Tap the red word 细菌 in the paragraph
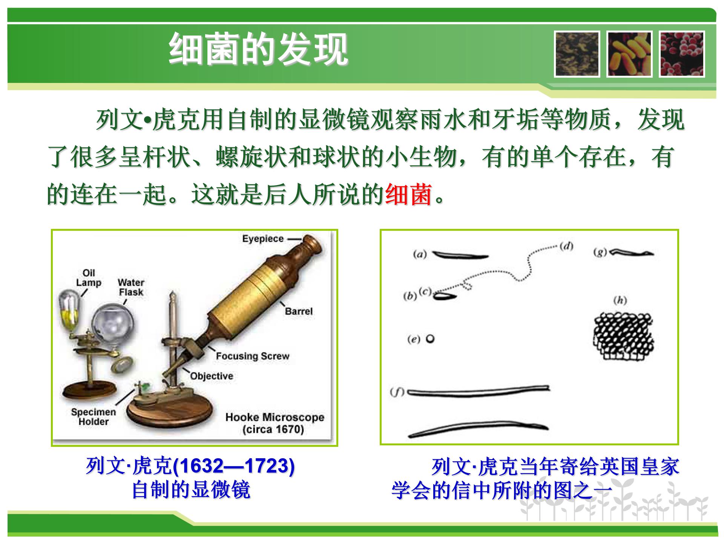(408, 195)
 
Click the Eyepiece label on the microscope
(263, 239)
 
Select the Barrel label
(299, 311)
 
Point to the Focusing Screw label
(252, 356)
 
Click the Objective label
(212, 376)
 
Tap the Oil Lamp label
(89, 278)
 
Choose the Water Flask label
(131, 287)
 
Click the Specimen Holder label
(93, 417)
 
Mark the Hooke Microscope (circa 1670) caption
(275, 423)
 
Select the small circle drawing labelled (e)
(430, 339)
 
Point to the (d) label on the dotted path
(566, 247)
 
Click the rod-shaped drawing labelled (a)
(460, 256)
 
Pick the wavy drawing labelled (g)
(632, 252)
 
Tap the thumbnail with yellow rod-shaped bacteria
(629, 54)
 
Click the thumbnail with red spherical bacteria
(682, 54)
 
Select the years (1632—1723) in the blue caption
(234, 466)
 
